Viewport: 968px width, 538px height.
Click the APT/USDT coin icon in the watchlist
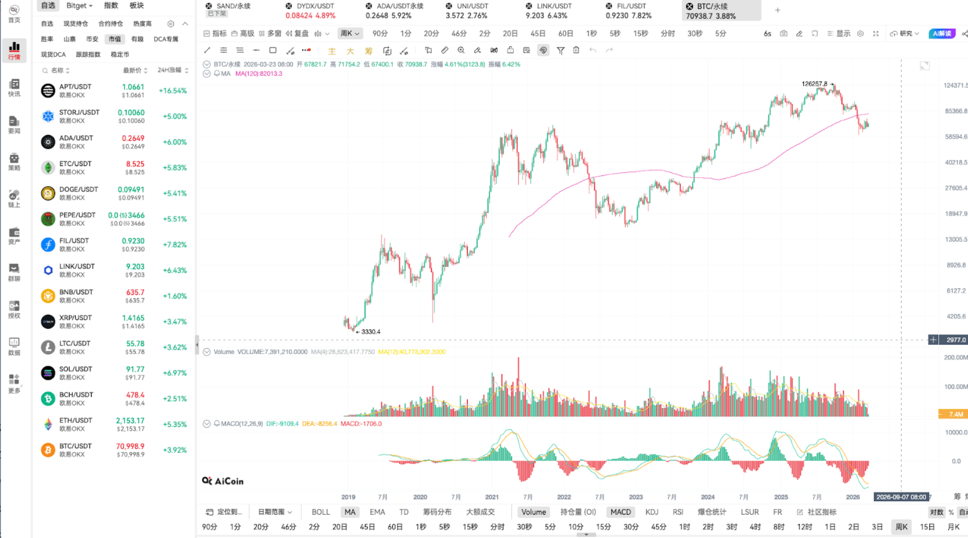(x=48, y=90)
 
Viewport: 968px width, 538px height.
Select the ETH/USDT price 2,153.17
(x=130, y=420)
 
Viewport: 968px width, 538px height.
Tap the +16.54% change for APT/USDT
(x=173, y=90)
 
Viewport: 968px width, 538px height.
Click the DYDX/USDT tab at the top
(x=310, y=10)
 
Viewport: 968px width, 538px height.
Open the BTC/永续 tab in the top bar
(x=712, y=10)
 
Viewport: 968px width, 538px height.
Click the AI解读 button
(x=942, y=33)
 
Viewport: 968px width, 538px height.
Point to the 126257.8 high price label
(x=814, y=84)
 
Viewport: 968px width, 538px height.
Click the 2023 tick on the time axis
(x=636, y=497)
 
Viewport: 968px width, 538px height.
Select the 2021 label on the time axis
(x=492, y=497)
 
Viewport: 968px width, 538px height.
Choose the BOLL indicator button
(x=321, y=512)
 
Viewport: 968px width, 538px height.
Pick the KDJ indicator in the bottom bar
(x=652, y=512)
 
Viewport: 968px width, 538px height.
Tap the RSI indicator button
(x=677, y=512)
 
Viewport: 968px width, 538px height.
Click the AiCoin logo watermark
(x=223, y=481)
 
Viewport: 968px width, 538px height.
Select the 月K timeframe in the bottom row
(x=953, y=527)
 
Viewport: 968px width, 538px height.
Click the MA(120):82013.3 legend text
(x=259, y=73)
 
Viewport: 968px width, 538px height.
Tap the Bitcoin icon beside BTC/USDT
(x=48, y=450)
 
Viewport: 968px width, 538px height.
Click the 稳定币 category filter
(x=120, y=55)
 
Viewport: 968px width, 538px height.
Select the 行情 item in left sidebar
(x=14, y=50)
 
